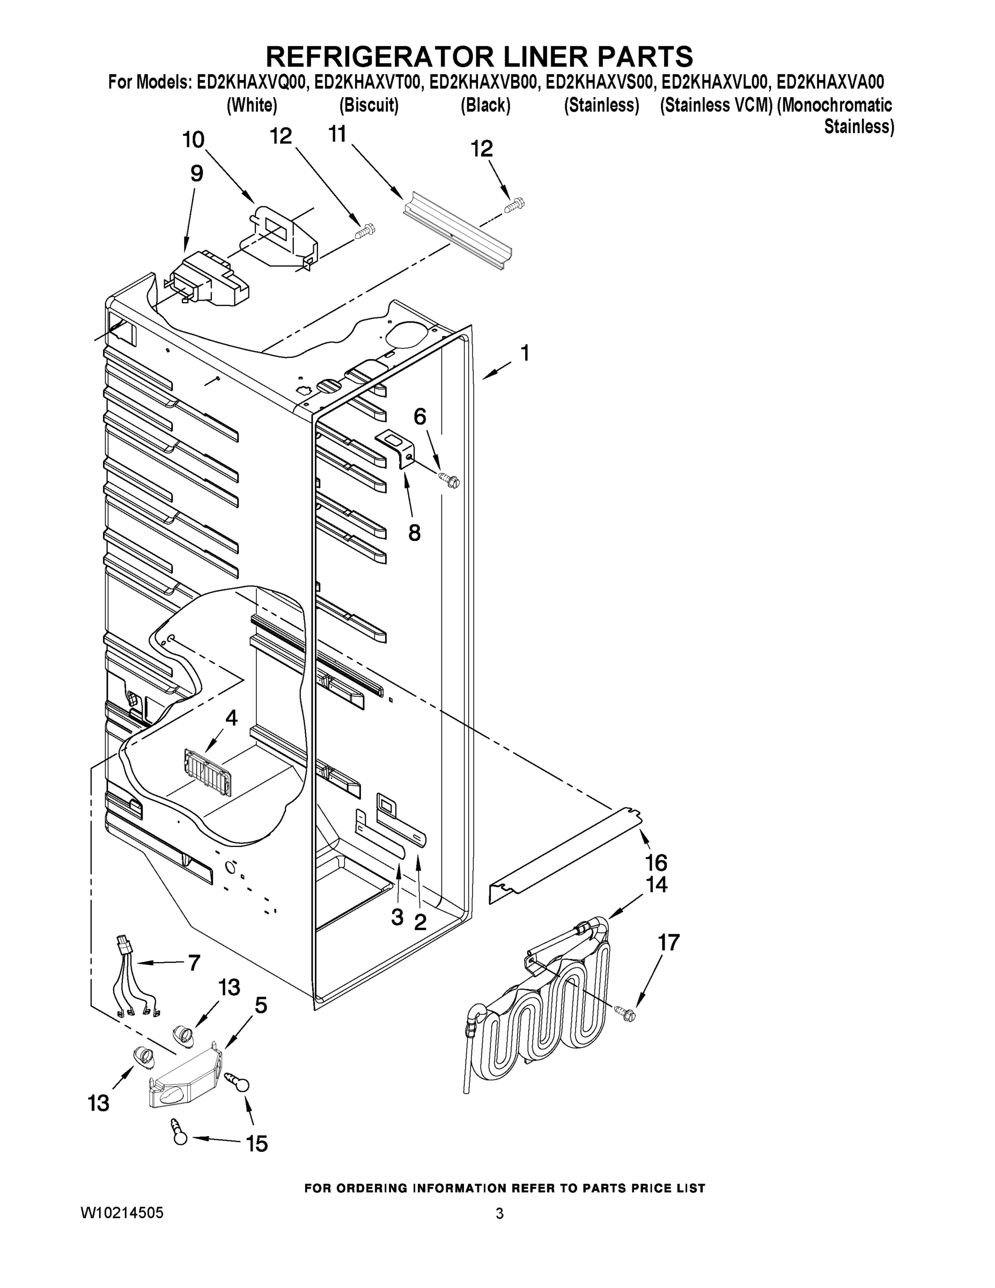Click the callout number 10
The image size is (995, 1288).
click(x=193, y=140)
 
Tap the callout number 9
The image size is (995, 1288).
click(x=196, y=173)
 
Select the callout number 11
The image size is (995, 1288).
click(x=337, y=135)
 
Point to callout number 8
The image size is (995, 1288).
click(x=415, y=533)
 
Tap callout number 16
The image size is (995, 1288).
click(x=656, y=863)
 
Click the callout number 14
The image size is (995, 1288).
click(x=656, y=884)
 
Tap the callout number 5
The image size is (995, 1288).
click(x=260, y=1005)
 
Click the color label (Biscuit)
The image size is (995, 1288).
click(x=369, y=106)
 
